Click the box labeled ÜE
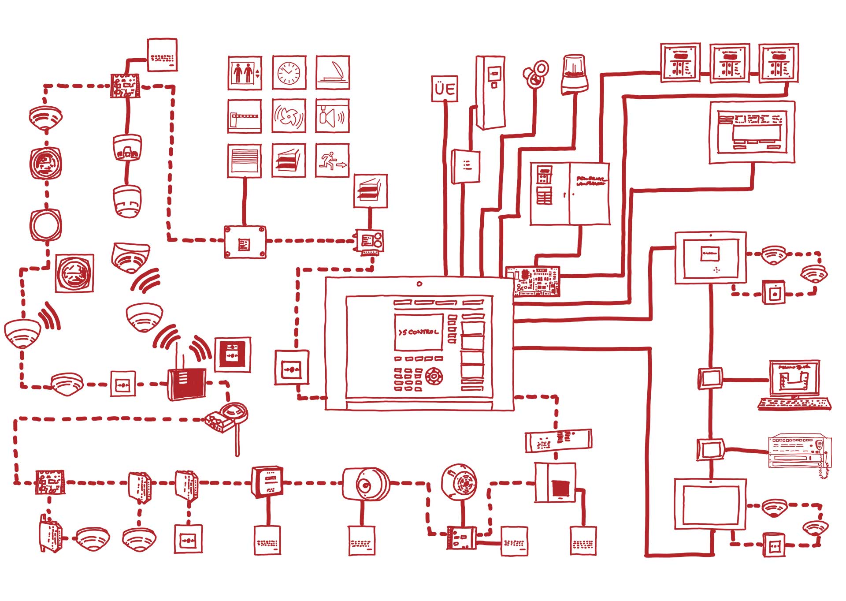click(x=444, y=89)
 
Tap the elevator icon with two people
click(x=245, y=73)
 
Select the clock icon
click(x=289, y=73)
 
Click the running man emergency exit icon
click(x=332, y=161)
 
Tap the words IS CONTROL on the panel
click(x=419, y=332)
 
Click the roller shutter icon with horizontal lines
click(x=245, y=161)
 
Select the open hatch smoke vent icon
click(x=332, y=73)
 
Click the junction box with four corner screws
click(x=245, y=242)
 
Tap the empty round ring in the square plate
click(x=45, y=225)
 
